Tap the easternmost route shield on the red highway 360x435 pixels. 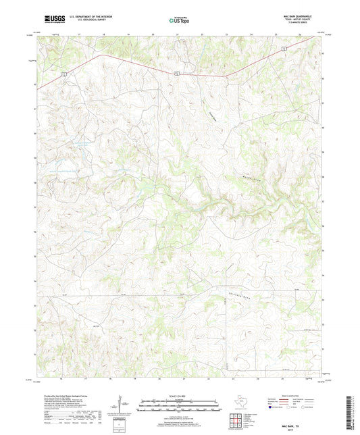(x=286, y=48)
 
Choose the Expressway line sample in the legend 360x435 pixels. (x=277, y=399)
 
